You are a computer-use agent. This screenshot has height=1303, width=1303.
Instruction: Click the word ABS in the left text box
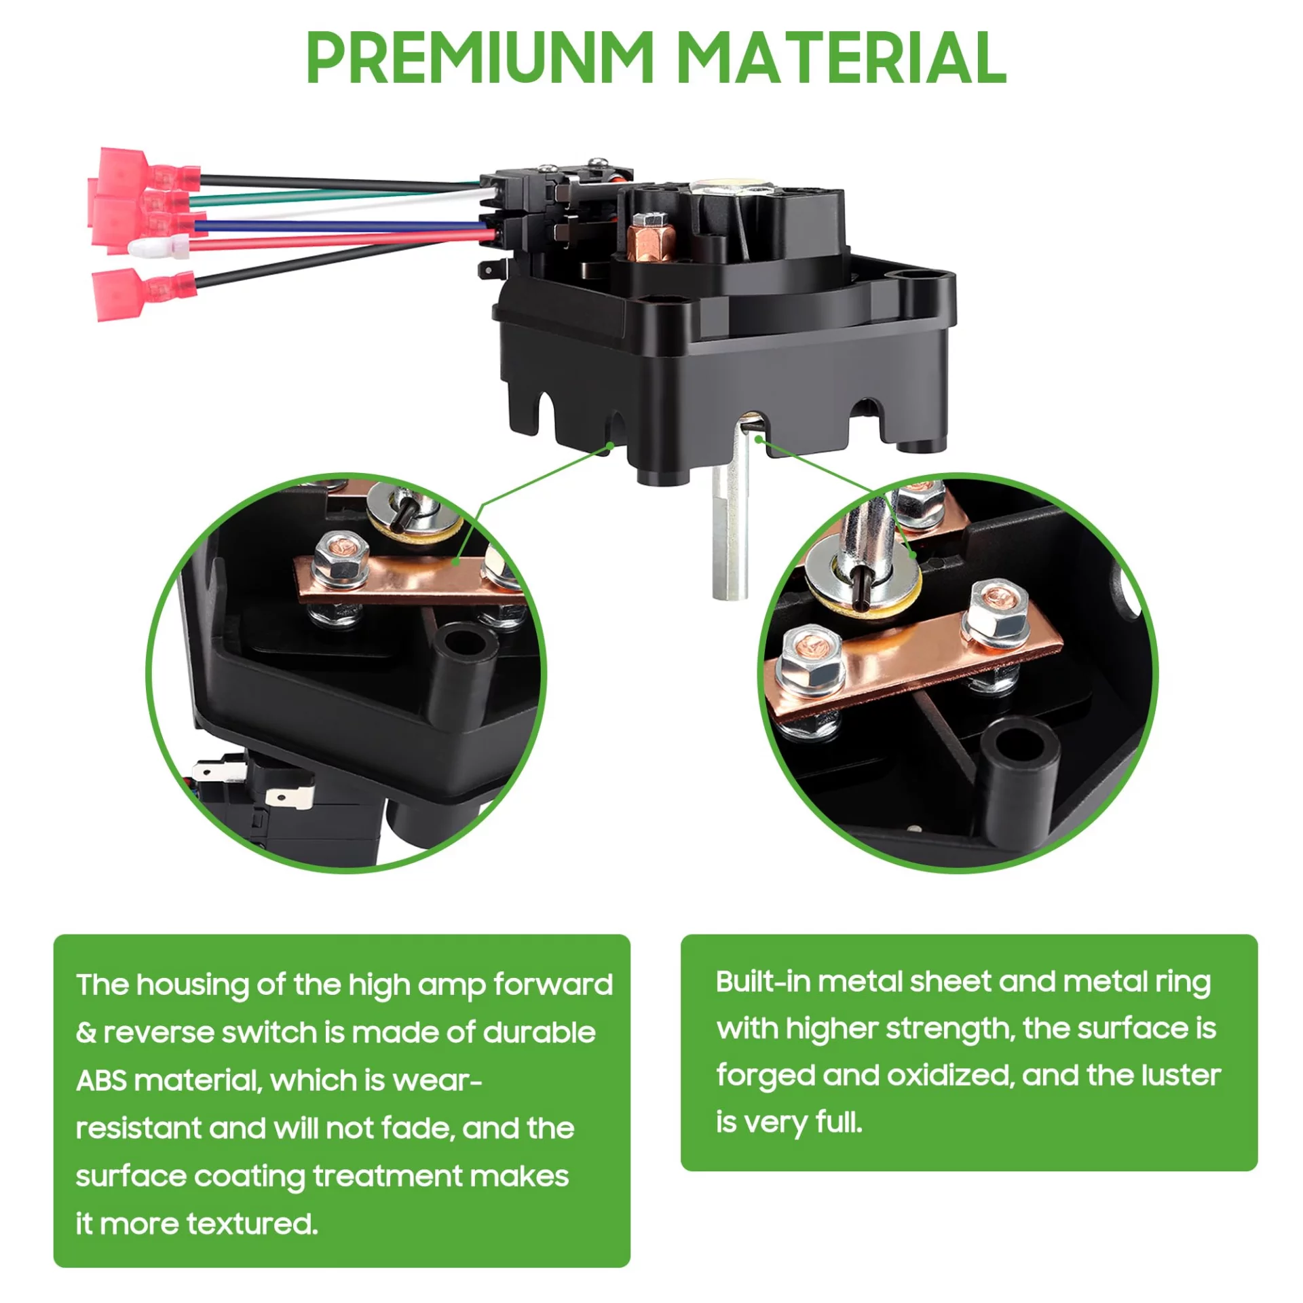point(102,1080)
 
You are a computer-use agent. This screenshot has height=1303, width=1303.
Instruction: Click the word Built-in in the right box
point(763,982)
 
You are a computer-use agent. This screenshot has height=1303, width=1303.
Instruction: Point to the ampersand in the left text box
point(86,1033)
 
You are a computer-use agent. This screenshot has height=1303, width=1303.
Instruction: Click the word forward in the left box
point(553,985)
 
